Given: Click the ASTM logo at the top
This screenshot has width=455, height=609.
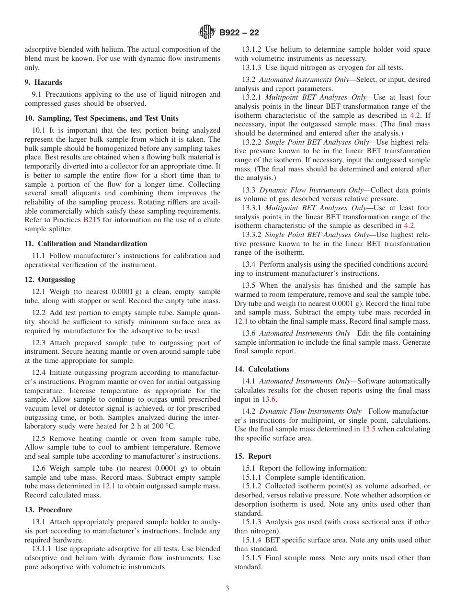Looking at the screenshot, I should (207, 33).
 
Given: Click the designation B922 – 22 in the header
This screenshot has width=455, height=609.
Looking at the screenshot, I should (239, 33).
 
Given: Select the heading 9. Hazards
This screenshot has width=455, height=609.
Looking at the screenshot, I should (43, 82).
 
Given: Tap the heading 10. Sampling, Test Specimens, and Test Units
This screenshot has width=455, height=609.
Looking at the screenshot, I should (101, 118).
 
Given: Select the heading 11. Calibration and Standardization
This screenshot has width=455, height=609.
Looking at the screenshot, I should (86, 244).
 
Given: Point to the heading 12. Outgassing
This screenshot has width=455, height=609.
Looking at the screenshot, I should (50, 280).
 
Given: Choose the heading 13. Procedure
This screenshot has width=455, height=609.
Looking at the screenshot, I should (48, 510).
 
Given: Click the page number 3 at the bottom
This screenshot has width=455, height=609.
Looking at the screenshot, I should (227, 588).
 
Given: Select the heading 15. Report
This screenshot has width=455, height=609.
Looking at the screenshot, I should (252, 456).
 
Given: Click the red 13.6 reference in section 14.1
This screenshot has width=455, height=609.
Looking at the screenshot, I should (269, 399).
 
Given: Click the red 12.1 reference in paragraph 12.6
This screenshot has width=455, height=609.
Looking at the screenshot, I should (109, 486).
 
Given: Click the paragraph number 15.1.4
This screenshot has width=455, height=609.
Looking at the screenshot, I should (251, 540).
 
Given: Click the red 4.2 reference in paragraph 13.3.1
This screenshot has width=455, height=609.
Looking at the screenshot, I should (409, 226).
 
